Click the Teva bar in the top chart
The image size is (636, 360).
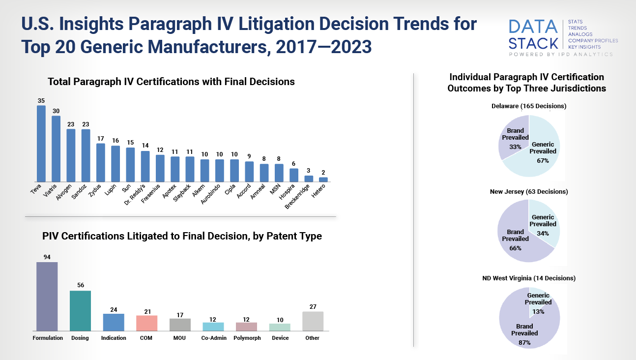41,144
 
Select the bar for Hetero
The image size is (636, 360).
323,180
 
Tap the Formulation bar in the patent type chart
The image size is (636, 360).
47,296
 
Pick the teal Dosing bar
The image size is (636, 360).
80,310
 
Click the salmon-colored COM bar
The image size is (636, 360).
146,323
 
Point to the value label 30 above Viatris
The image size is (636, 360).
56,111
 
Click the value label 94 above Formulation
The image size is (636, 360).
47,257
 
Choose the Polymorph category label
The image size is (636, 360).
247,338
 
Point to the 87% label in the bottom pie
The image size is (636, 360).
524,342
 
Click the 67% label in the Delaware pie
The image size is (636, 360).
543,160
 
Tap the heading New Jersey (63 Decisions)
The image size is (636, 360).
529,191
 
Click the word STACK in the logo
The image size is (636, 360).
533,43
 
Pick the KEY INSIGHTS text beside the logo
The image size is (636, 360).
584,47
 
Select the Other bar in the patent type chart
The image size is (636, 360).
313,321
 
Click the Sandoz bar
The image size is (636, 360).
86,155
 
